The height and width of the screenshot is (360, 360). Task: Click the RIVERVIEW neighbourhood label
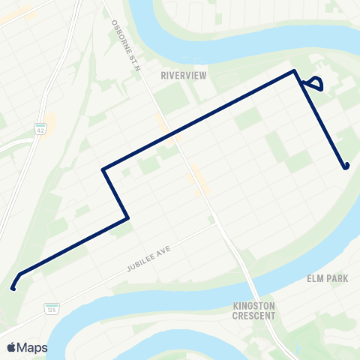[183, 75]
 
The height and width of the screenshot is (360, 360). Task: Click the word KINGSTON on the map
[254, 306]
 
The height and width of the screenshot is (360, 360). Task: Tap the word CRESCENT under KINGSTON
[254, 316]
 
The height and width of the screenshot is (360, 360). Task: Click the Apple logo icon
[12, 347]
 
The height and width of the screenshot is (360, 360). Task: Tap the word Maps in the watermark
[33, 347]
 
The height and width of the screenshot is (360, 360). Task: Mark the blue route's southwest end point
[13, 287]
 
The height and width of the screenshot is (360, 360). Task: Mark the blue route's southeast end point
[346, 166]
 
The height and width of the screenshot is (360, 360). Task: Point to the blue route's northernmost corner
[295, 71]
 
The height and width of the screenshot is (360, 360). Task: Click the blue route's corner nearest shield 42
[103, 170]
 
